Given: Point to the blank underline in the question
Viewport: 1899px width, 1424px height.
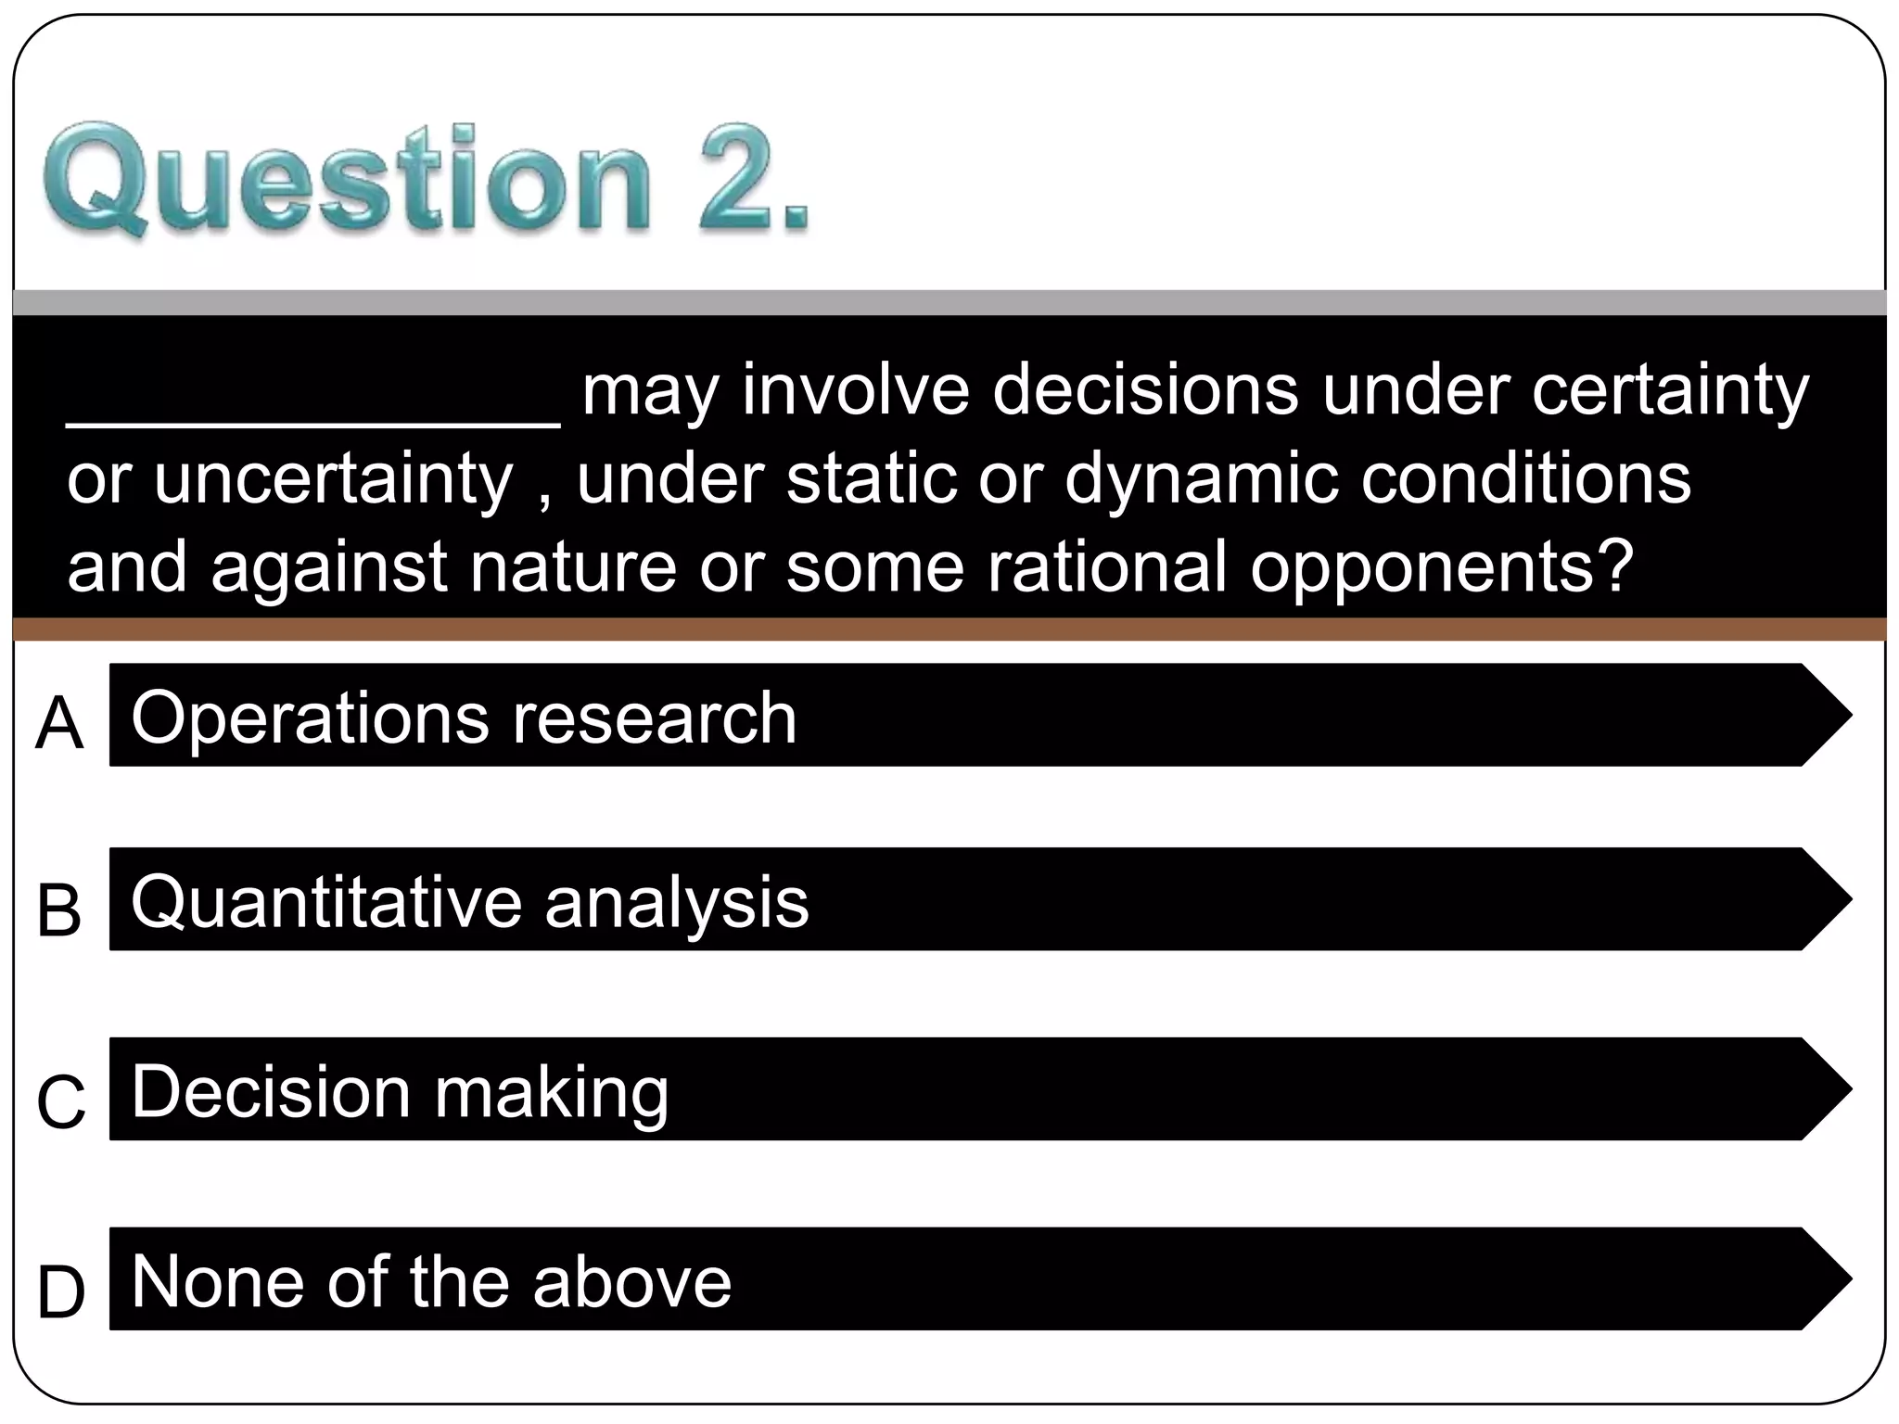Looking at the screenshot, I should point(313,422).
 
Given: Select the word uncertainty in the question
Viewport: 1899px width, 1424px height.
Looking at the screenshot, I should point(333,480).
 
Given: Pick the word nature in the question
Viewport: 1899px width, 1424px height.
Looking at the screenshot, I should point(573,567).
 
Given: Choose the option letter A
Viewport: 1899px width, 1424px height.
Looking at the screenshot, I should point(59,723).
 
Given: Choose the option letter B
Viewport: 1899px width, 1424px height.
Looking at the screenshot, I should point(59,909).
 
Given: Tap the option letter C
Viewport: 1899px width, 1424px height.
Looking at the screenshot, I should point(61,1101).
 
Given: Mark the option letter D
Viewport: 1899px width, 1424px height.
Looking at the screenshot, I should point(61,1292).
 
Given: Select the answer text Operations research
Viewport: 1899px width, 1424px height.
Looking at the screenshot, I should point(464,718).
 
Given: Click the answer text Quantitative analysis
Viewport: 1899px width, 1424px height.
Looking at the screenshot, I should point(470,902).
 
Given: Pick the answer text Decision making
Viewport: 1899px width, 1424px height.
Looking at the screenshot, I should point(400,1092).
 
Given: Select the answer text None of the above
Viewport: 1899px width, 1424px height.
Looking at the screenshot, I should point(431,1281).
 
